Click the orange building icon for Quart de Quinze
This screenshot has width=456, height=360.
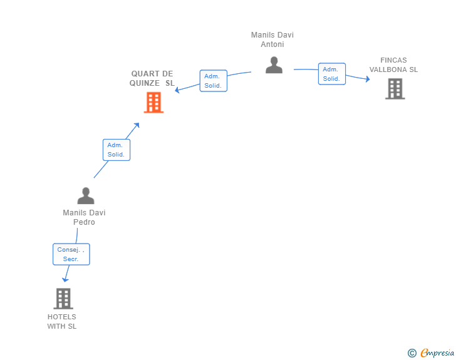click(153, 102)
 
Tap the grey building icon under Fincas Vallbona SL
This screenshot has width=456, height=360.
click(395, 89)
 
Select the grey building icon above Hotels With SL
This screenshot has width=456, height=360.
click(63, 299)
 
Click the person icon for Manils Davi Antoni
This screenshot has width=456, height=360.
click(274, 65)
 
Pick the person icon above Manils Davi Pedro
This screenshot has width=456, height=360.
click(86, 195)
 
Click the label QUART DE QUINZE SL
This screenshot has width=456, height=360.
click(152, 78)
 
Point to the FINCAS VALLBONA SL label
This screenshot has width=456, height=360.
click(393, 65)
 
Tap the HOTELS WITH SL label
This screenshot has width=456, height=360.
click(62, 321)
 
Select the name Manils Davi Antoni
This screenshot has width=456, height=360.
click(272, 39)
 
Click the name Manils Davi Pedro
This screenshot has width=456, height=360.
click(84, 217)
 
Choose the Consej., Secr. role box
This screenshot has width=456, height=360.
click(71, 254)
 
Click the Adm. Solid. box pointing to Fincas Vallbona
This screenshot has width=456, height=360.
click(332, 74)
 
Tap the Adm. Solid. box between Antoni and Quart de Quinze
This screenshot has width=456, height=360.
click(214, 81)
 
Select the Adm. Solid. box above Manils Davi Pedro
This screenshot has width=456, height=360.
click(117, 150)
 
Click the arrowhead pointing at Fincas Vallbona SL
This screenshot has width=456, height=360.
click(368, 79)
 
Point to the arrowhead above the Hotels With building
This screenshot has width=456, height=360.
click(65, 280)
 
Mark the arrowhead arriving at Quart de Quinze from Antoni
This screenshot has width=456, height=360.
click(177, 90)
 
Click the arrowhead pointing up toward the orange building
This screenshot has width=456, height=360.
click(137, 125)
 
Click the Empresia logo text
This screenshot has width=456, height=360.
click(437, 352)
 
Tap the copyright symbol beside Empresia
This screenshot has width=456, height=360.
click(412, 353)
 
